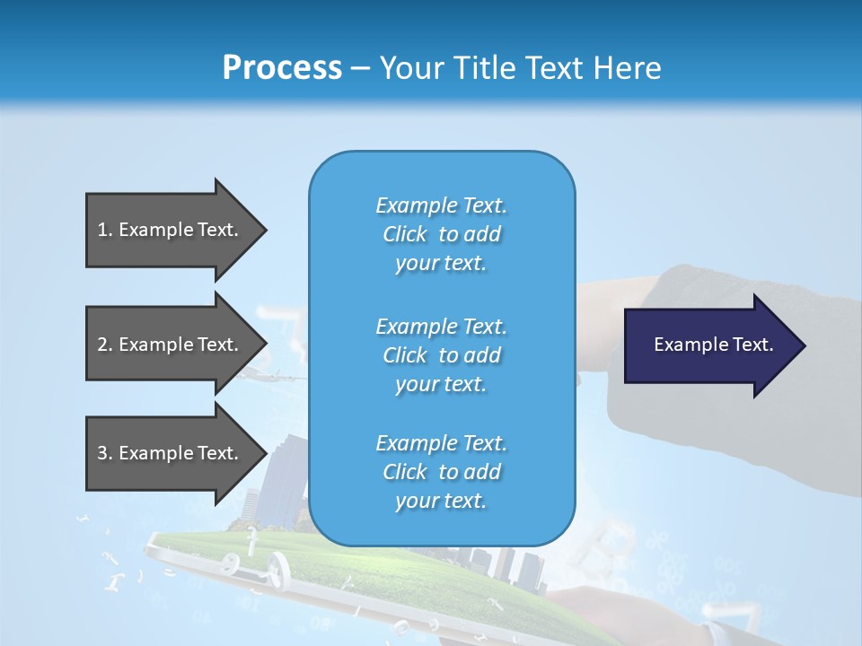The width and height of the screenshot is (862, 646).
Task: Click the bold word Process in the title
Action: [282, 67]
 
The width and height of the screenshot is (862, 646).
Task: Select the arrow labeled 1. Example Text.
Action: [168, 230]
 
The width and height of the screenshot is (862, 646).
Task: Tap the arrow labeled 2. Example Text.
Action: [168, 345]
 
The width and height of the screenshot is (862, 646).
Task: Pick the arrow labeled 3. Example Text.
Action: [168, 453]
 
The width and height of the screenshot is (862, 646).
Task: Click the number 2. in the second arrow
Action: [104, 345]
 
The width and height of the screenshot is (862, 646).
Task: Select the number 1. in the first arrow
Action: [104, 230]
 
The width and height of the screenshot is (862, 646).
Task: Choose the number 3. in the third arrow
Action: [104, 453]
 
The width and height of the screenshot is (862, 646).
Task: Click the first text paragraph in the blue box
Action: [441, 234]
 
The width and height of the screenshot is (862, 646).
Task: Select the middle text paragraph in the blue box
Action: [441, 355]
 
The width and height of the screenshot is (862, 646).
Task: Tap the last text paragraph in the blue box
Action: [441, 472]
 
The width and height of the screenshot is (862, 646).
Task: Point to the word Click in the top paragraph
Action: [404, 234]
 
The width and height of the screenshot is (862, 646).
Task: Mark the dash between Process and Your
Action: [360, 68]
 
